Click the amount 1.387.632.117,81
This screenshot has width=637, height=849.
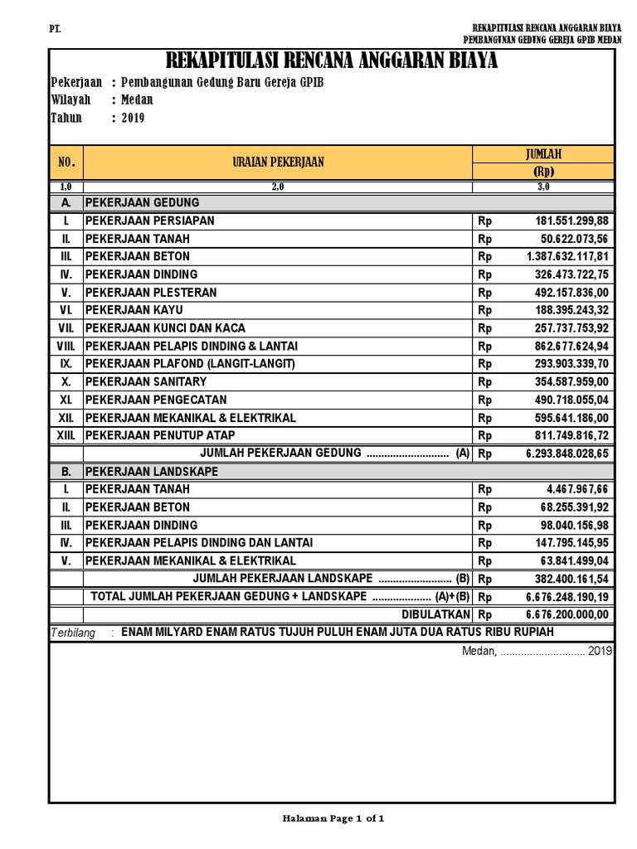(x=567, y=256)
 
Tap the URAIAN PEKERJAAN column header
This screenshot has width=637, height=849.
(x=278, y=163)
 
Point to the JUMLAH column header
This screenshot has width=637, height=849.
(x=543, y=154)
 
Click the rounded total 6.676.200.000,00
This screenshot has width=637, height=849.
(x=567, y=614)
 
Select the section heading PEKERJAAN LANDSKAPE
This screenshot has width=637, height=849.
(x=152, y=471)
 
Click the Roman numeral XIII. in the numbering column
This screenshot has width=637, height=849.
(x=66, y=435)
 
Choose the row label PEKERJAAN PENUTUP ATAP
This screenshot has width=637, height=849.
(x=160, y=435)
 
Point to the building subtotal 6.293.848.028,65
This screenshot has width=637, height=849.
(x=567, y=454)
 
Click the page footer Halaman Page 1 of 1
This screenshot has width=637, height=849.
(x=333, y=818)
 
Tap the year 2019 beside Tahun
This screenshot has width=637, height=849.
(x=133, y=118)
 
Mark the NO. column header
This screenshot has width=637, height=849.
(x=66, y=163)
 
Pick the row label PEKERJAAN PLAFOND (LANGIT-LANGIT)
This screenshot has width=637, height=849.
(x=190, y=364)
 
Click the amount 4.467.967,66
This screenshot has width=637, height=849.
(x=577, y=489)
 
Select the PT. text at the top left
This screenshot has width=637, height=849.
(x=56, y=30)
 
